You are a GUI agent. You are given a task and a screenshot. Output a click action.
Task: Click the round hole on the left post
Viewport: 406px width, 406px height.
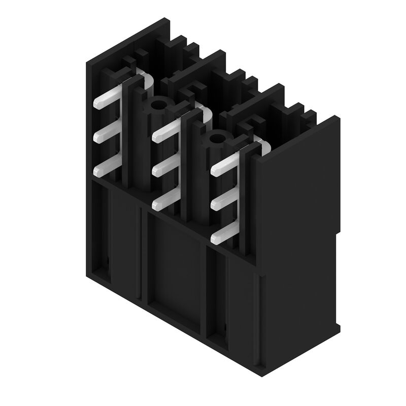[158, 106]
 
